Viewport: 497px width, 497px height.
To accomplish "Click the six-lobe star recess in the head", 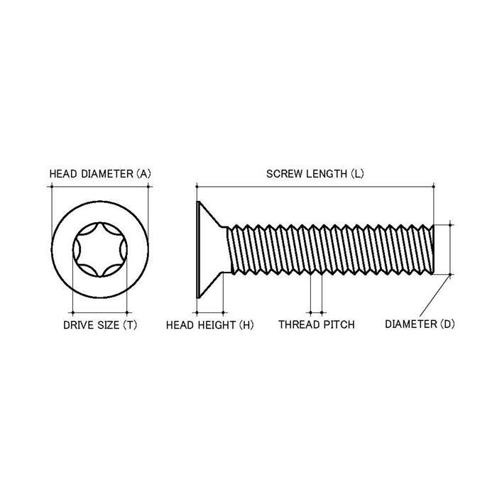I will pyautogui.click(x=99, y=250).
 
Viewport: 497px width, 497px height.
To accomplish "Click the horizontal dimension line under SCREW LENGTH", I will pyautogui.click(x=315, y=187).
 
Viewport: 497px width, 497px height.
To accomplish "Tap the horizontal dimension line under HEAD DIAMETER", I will pyautogui.click(x=99, y=187).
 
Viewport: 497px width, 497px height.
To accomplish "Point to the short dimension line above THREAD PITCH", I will pyautogui.click(x=316, y=311).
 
